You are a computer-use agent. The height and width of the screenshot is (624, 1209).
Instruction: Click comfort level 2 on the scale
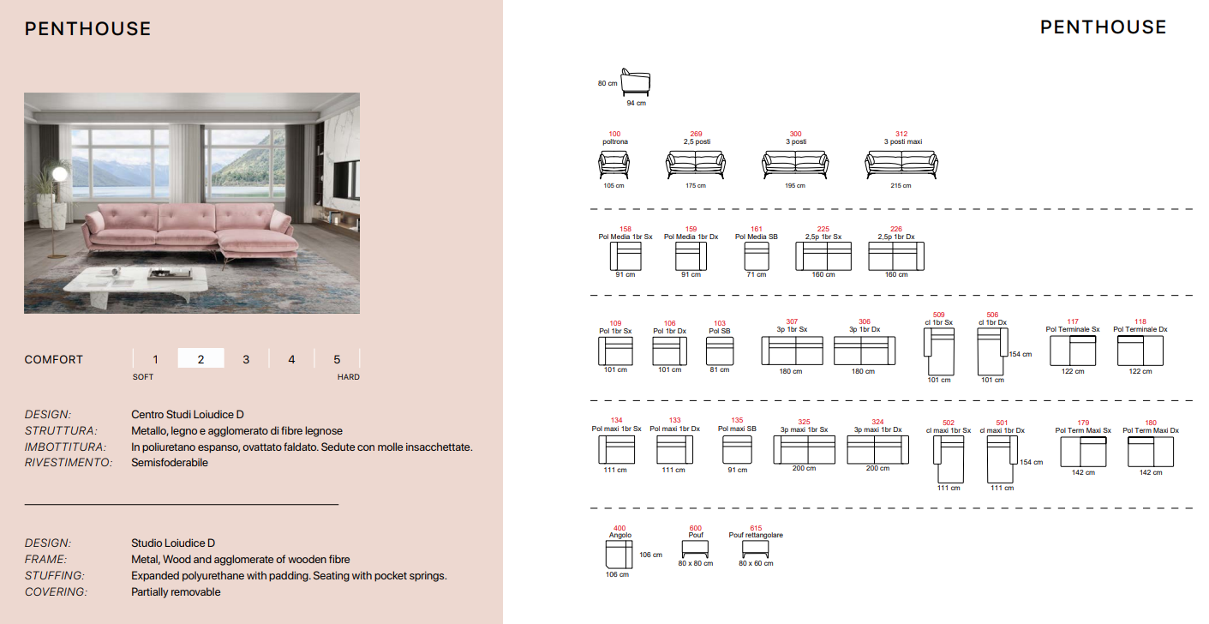[201, 359]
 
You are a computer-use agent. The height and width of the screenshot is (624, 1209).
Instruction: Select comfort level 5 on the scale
[337, 359]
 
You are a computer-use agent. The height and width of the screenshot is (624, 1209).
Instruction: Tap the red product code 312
[901, 134]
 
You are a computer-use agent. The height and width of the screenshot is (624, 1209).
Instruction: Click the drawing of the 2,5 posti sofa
[696, 165]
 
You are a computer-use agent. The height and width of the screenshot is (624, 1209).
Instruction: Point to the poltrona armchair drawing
[613, 165]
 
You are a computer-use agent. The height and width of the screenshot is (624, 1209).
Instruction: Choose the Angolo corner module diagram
[619, 554]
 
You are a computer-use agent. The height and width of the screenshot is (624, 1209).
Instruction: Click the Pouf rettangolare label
[756, 535]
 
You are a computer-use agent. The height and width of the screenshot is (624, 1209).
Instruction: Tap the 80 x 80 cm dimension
[696, 563]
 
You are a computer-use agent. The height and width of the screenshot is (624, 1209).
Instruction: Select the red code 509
[938, 315]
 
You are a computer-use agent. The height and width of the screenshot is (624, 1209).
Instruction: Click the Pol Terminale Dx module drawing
[1140, 351]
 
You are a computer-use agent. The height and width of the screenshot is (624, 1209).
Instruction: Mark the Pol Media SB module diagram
[757, 256]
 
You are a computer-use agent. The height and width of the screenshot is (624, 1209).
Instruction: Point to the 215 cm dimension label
[901, 186]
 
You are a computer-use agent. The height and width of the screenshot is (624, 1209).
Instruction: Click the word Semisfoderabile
[170, 463]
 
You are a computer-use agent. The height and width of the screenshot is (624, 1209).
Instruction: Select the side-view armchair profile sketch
[635, 82]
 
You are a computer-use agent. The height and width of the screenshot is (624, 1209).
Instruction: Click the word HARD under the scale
[348, 377]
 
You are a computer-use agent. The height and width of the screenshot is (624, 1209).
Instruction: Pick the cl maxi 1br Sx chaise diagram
[949, 459]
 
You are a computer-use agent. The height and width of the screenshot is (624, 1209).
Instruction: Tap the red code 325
[804, 422]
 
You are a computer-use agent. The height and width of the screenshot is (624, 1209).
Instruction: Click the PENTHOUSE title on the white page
[1104, 27]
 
